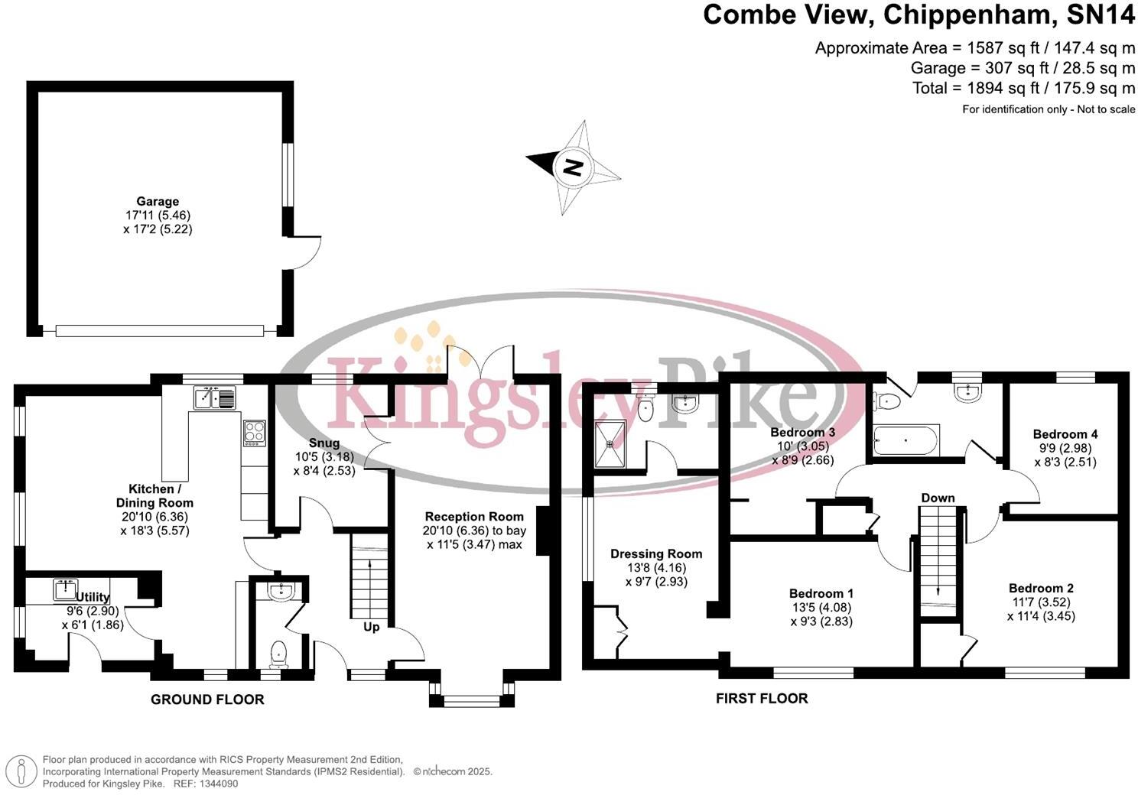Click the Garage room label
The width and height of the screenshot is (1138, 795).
(158, 202)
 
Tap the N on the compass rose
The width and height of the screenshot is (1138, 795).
(573, 167)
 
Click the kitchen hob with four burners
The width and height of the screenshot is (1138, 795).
(254, 433)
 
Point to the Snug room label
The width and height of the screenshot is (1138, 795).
(324, 443)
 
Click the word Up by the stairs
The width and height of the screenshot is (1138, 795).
(371, 627)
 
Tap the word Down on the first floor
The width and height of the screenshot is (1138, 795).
(938, 498)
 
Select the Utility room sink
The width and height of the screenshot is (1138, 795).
(66, 589)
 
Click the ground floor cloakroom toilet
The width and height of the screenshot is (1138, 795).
(278, 653)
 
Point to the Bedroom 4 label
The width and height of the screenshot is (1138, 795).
(1065, 434)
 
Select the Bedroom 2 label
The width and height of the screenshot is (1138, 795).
(1041, 588)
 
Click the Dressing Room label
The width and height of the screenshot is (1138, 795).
(656, 554)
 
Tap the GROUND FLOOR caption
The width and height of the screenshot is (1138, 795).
(207, 699)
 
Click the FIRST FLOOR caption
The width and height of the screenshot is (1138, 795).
(762, 698)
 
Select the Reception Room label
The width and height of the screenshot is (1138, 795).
(474, 517)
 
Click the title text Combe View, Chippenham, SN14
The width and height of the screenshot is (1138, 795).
(919, 15)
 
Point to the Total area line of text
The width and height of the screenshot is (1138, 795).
(1023, 88)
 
